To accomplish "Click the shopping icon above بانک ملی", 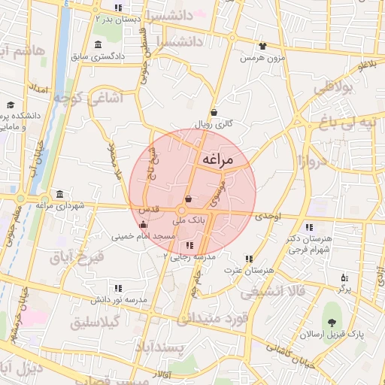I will (x=187, y=199).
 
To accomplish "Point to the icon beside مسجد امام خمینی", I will (x=144, y=224).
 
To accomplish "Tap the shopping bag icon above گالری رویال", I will (x=214, y=112).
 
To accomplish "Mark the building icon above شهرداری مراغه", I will (x=59, y=193).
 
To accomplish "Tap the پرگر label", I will (x=344, y=288).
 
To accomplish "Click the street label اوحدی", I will (x=268, y=217).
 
